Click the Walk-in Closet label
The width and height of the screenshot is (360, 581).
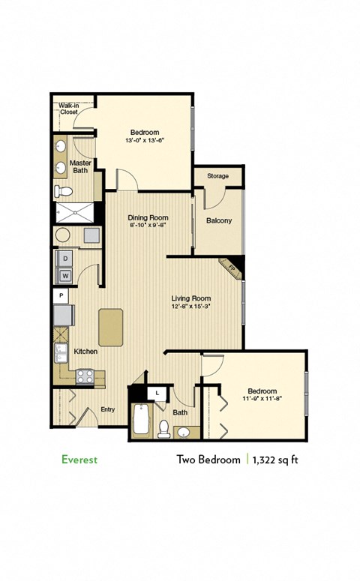pos(68,109)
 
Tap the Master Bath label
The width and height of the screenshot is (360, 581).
pos(80,167)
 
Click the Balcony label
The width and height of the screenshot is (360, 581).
pos(218,220)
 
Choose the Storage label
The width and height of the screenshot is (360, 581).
pos(217,176)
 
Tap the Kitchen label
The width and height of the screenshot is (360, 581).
pos(84,351)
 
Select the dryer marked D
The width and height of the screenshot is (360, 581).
pos(65,259)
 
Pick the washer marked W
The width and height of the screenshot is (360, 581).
pos(65,276)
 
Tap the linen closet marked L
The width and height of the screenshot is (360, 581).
pos(157,392)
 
